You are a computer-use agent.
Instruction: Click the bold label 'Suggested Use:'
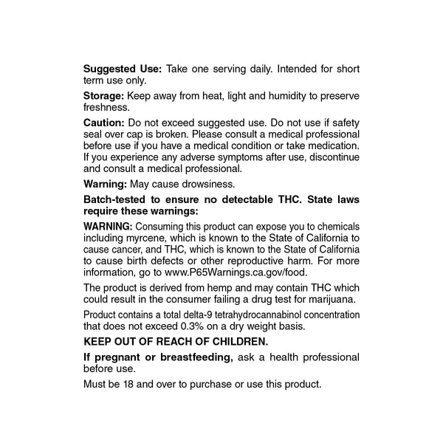[x=122, y=69]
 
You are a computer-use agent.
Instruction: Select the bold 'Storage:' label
[x=104, y=95]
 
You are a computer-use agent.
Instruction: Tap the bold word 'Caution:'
[x=104, y=122]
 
